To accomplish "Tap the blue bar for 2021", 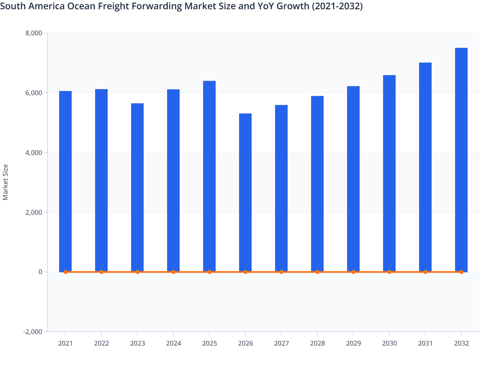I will click(x=65, y=181).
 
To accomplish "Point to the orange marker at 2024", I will click(x=173, y=272).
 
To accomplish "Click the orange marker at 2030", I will click(x=389, y=272).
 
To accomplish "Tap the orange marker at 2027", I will click(x=281, y=272).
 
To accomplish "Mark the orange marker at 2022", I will click(x=101, y=272).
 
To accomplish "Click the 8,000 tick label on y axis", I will click(x=34, y=33).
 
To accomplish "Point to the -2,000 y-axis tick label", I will click(x=33, y=332).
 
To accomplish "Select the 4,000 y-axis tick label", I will click(x=34, y=153).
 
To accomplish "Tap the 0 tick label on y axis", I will click(x=40, y=272).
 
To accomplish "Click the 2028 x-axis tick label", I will click(x=317, y=343).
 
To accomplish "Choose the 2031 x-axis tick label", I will click(x=425, y=343).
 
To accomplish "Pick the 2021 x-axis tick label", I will click(x=65, y=343).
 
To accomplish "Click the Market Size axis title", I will click(x=5, y=182).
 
